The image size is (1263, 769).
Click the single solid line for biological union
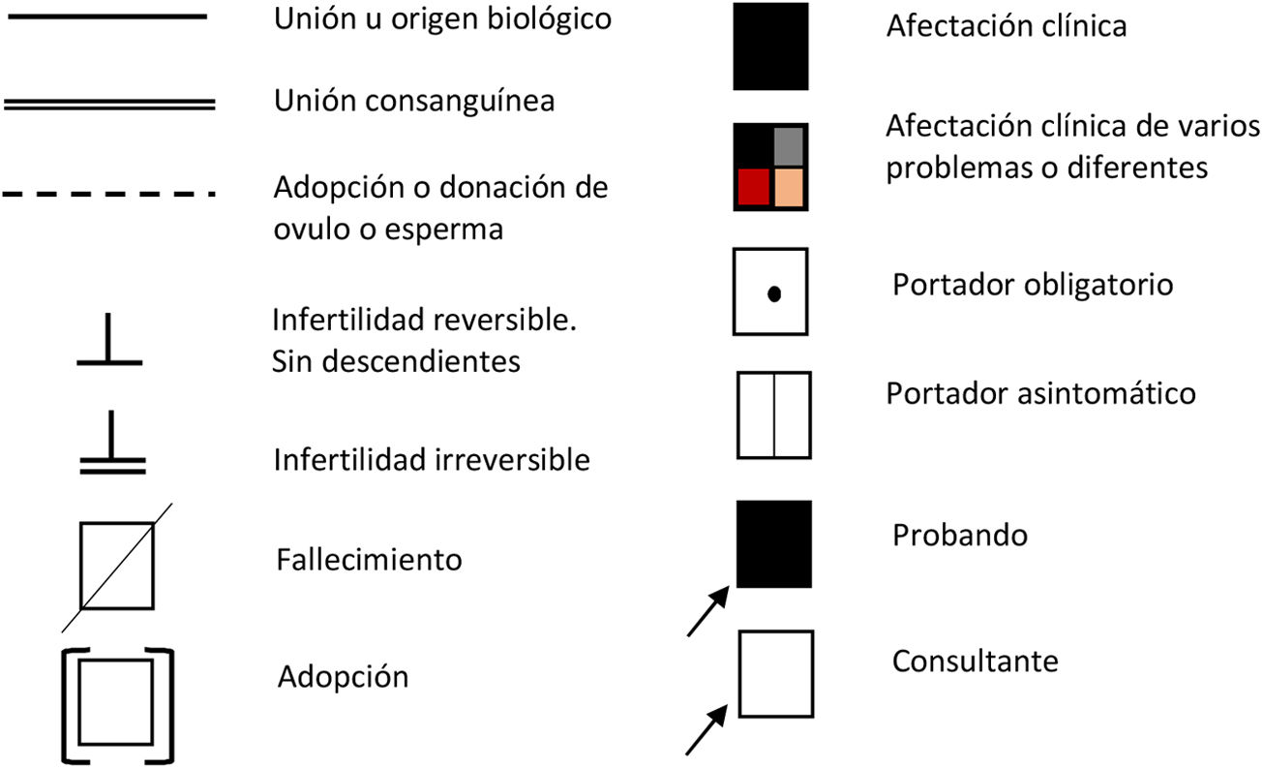106,16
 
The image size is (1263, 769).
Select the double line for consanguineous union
108,103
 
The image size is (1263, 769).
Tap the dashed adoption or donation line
108,194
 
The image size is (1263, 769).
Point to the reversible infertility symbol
109,343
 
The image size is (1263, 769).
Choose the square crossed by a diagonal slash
116,566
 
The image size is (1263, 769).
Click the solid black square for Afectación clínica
770,46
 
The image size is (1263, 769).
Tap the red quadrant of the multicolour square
753,186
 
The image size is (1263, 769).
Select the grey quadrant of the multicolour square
789,145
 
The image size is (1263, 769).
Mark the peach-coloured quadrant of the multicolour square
789,186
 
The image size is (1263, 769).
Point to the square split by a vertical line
773,415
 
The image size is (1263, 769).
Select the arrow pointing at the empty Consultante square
707,728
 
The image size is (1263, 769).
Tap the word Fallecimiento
369,560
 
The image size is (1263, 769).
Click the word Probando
959,535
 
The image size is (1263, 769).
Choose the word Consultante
975,661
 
